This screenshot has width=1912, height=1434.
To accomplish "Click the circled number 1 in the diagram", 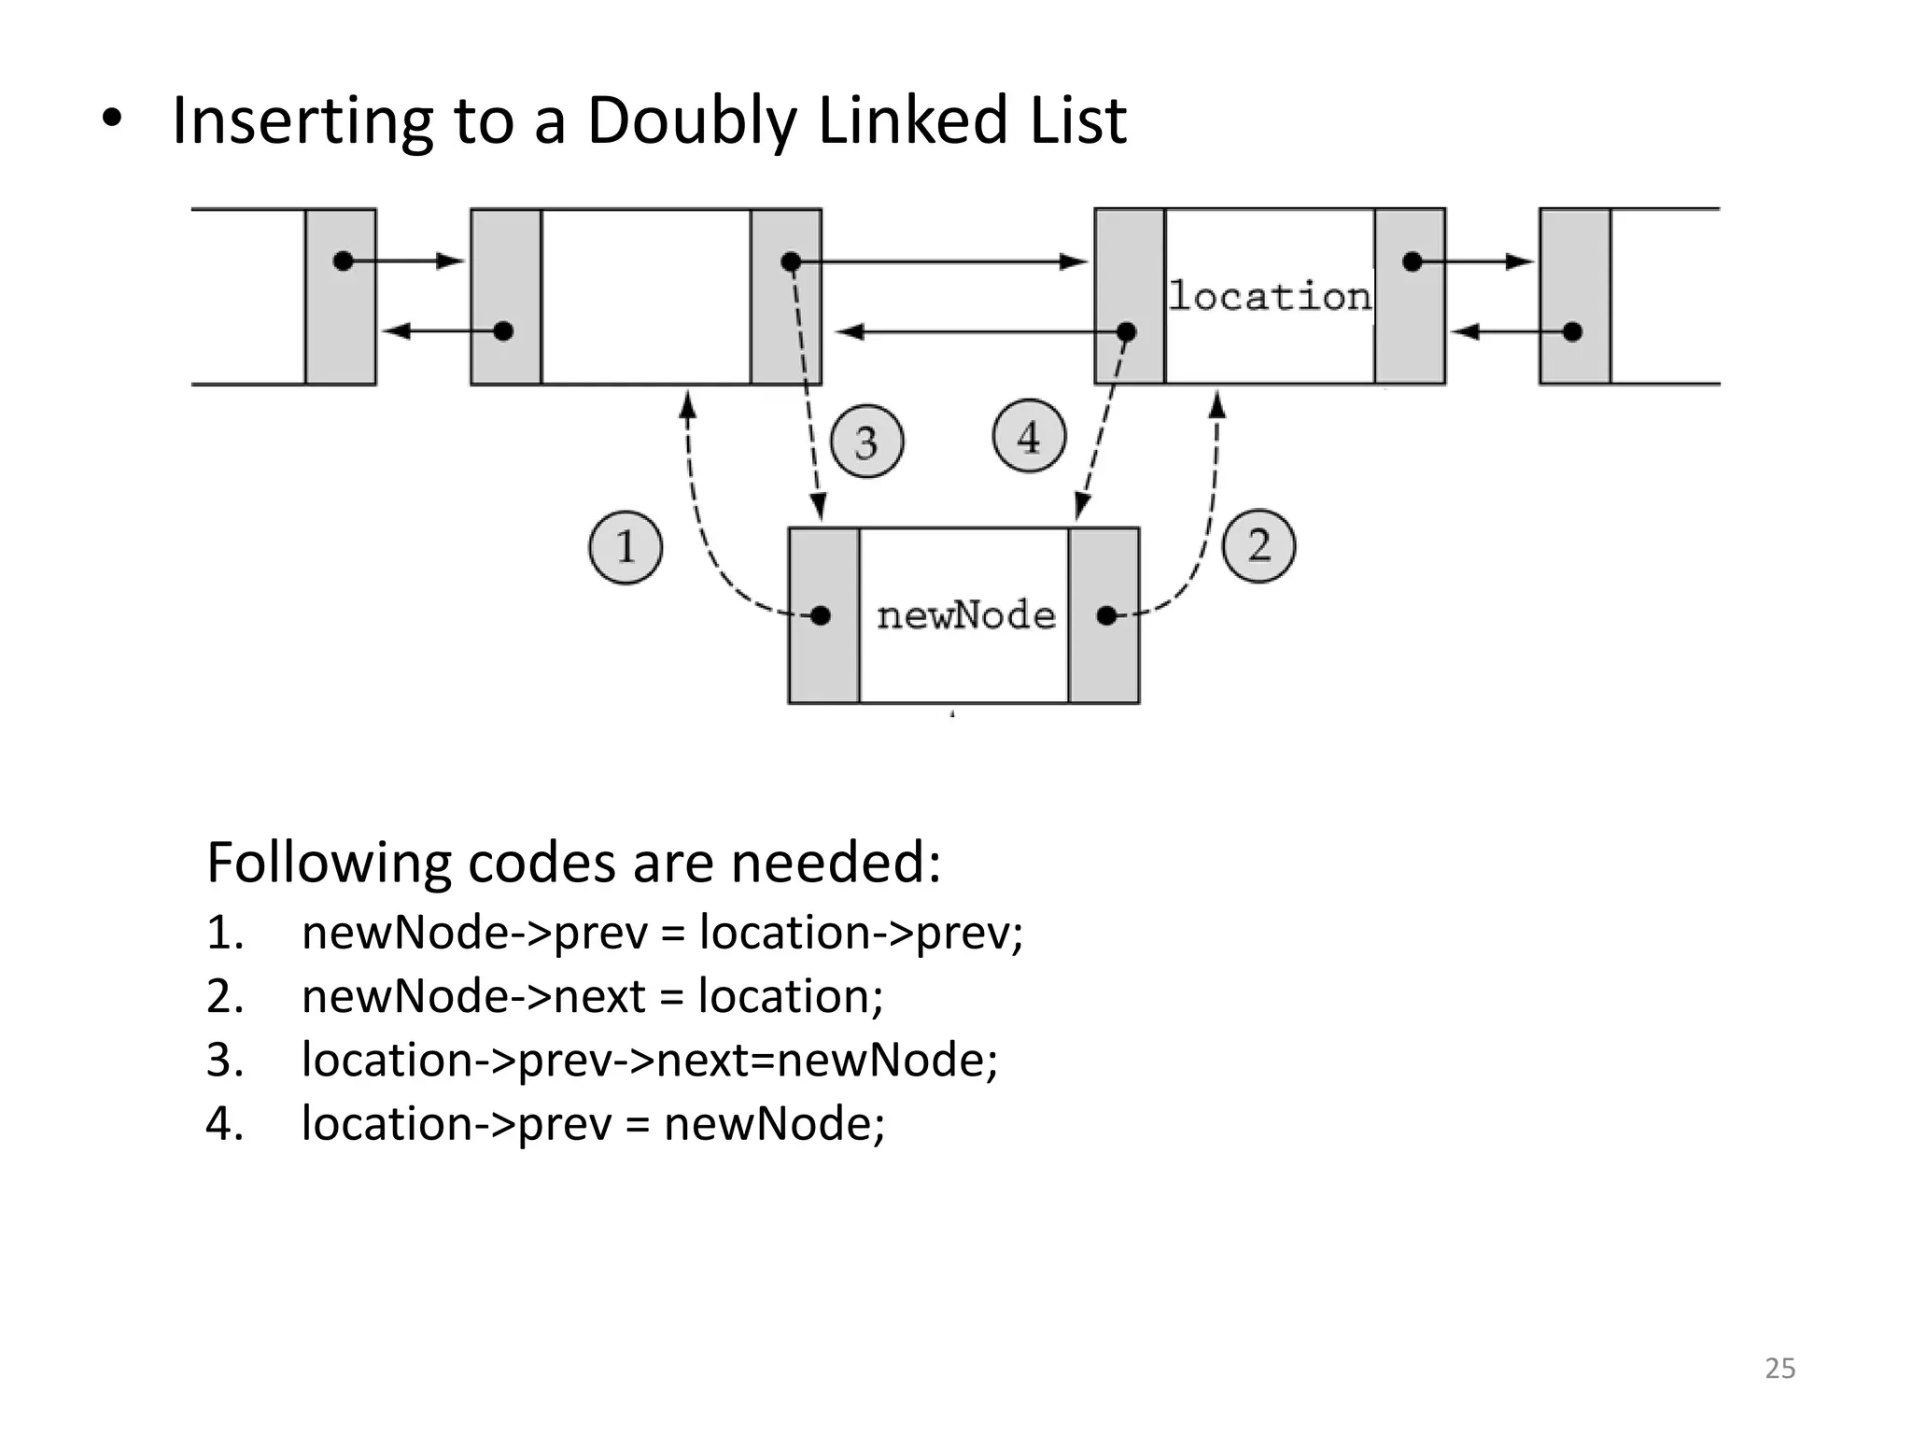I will pos(626,547).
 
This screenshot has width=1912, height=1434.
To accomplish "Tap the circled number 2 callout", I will pos(1258,546).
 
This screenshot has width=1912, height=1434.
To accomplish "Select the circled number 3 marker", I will pos(866,442).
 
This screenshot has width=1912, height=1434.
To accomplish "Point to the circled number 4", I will pos(1029,437).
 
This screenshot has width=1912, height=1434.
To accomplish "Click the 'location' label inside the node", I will pos(1270,297).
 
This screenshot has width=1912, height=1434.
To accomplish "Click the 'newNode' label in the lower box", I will pos(965,615).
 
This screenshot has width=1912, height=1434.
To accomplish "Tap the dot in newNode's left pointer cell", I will pos(821,615).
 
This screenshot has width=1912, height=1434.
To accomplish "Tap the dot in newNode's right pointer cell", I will pos(1106,615).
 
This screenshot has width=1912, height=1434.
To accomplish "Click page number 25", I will pos(1779,1369).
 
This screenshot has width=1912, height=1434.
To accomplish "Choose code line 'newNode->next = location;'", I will pos(592,996).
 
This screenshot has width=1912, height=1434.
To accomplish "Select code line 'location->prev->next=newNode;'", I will pos(650,1060).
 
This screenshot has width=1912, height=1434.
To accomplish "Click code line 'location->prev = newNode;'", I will pos(593,1123).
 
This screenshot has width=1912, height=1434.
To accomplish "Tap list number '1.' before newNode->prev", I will pos(225,933).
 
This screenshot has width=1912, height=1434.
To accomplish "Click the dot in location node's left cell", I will pos(1127,331).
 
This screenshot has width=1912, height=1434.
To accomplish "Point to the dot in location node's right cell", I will pos(1413,261).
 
